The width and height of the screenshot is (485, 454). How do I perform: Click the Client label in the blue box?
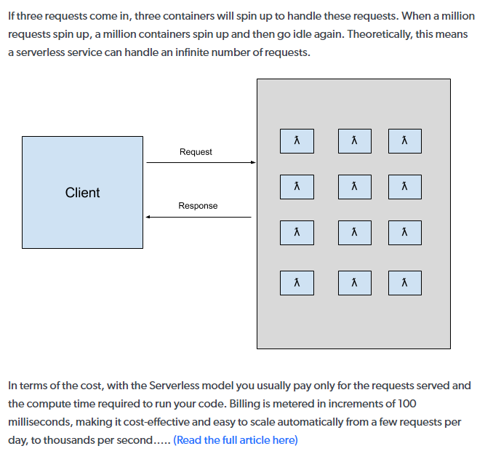click(82, 193)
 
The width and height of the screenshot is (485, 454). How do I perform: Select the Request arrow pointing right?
click(200, 162)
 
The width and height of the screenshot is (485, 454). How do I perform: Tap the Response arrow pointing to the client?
click(199, 217)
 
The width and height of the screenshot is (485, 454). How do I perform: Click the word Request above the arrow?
click(196, 152)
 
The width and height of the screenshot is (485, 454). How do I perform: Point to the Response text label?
click(198, 206)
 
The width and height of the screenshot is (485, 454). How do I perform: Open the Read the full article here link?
click(235, 439)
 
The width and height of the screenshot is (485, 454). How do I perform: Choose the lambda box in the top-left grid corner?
click(297, 141)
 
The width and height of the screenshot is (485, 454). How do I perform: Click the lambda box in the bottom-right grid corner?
click(404, 283)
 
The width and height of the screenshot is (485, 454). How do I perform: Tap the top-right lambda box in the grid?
click(404, 141)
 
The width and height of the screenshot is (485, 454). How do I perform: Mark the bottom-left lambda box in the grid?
click(297, 283)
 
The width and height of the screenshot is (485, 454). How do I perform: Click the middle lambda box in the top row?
click(354, 141)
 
